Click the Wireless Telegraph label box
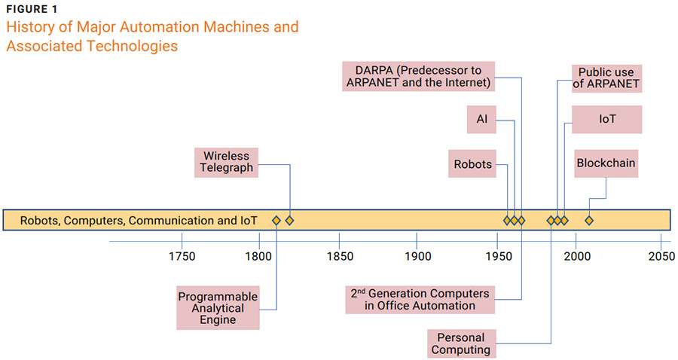227,163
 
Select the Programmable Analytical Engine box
218,307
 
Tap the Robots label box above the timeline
472,164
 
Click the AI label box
481,120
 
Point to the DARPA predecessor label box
418,76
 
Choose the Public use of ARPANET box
606,78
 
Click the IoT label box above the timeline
606,120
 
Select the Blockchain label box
606,163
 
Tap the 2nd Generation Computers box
420,299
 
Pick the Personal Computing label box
461,343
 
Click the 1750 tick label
182,257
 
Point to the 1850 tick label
340,257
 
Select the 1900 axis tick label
418,257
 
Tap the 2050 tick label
660,257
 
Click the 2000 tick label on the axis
576,257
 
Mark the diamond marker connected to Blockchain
589,220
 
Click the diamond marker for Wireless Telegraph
289,220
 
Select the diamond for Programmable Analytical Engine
276,220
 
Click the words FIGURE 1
31,9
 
